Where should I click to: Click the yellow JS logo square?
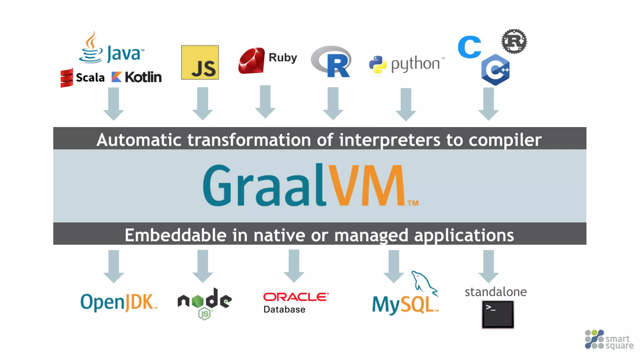click(200, 62)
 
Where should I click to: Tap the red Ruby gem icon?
click(251, 61)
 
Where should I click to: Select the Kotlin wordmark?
click(143, 77)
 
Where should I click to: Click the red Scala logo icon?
click(67, 78)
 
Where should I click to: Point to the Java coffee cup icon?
click(91, 48)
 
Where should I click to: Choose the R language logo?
click(332, 62)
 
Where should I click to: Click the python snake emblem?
click(378, 65)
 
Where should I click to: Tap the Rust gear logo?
click(514, 42)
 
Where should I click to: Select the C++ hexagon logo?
click(496, 70)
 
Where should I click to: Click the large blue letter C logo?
click(469, 47)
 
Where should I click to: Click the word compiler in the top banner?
click(505, 140)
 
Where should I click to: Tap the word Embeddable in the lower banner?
click(175, 235)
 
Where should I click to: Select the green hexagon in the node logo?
click(198, 301)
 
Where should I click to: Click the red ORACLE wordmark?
click(296, 297)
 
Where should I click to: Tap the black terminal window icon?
click(498, 314)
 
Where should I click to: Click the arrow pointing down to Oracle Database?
click(294, 266)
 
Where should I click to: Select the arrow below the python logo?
click(406, 104)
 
